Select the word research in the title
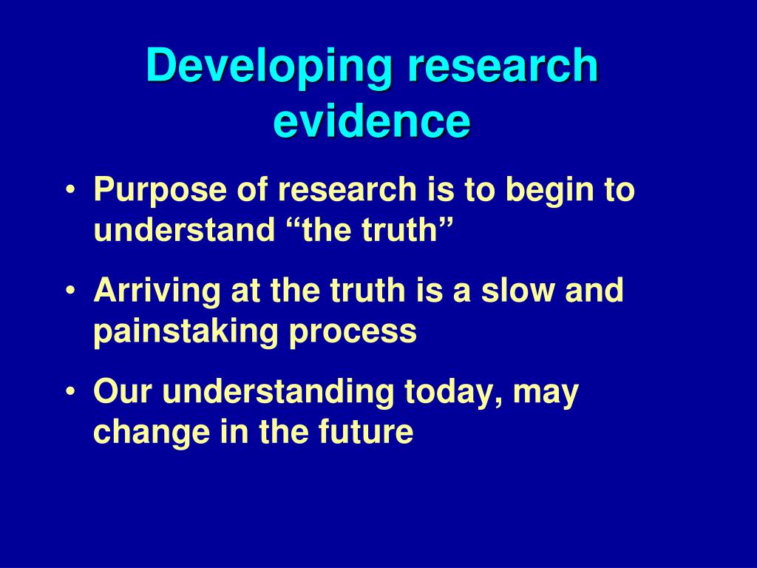[x=502, y=68]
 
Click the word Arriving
[x=157, y=290]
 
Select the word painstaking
[x=186, y=332]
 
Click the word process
[x=353, y=332]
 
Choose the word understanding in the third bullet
[x=278, y=391]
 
